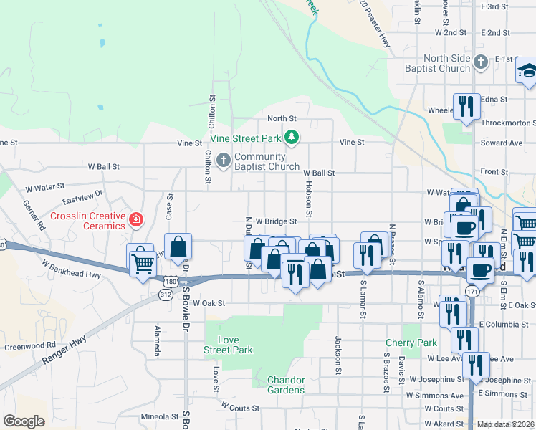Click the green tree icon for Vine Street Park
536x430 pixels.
tap(291, 136)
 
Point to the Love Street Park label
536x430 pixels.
tap(229, 345)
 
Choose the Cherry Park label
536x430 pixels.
tap(411, 343)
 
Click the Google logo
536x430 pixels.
tap(24, 421)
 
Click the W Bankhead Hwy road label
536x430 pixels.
tap(71, 269)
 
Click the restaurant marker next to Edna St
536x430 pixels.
tap(466, 107)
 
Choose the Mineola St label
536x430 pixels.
tap(159, 416)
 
